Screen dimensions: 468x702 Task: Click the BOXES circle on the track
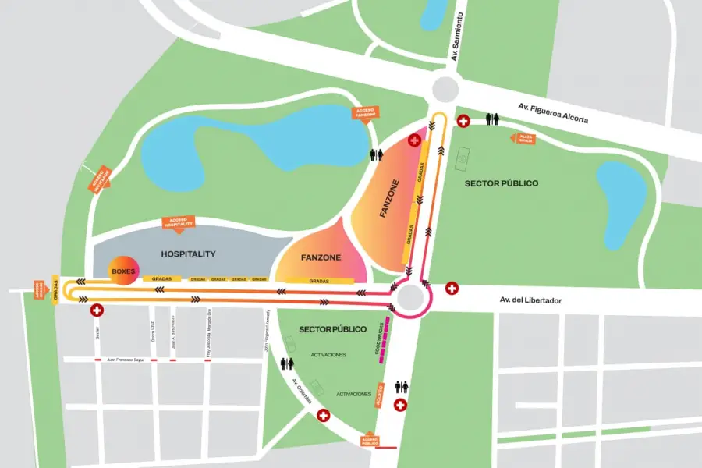123,271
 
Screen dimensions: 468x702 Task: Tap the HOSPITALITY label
188,254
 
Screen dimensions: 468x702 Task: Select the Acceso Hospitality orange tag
178,223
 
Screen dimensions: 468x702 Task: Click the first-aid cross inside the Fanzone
414,140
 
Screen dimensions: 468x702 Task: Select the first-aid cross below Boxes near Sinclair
97,310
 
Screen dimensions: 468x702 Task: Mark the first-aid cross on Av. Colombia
323,417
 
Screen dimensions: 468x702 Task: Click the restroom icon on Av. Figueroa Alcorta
492,119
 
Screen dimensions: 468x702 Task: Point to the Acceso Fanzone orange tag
365,115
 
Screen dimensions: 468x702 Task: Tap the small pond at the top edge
433,16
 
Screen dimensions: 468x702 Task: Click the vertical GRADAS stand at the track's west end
55,289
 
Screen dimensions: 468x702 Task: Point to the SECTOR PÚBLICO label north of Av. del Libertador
502,183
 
